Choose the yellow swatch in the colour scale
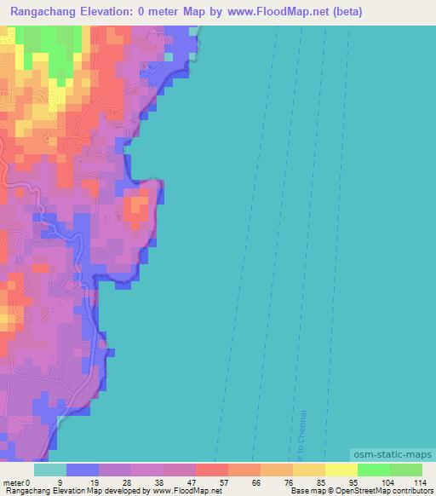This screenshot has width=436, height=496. click(341, 470)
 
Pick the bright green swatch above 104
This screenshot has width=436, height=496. click(374, 470)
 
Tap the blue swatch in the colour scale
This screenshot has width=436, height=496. click(83, 470)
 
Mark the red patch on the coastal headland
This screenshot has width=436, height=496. click(136, 207)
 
